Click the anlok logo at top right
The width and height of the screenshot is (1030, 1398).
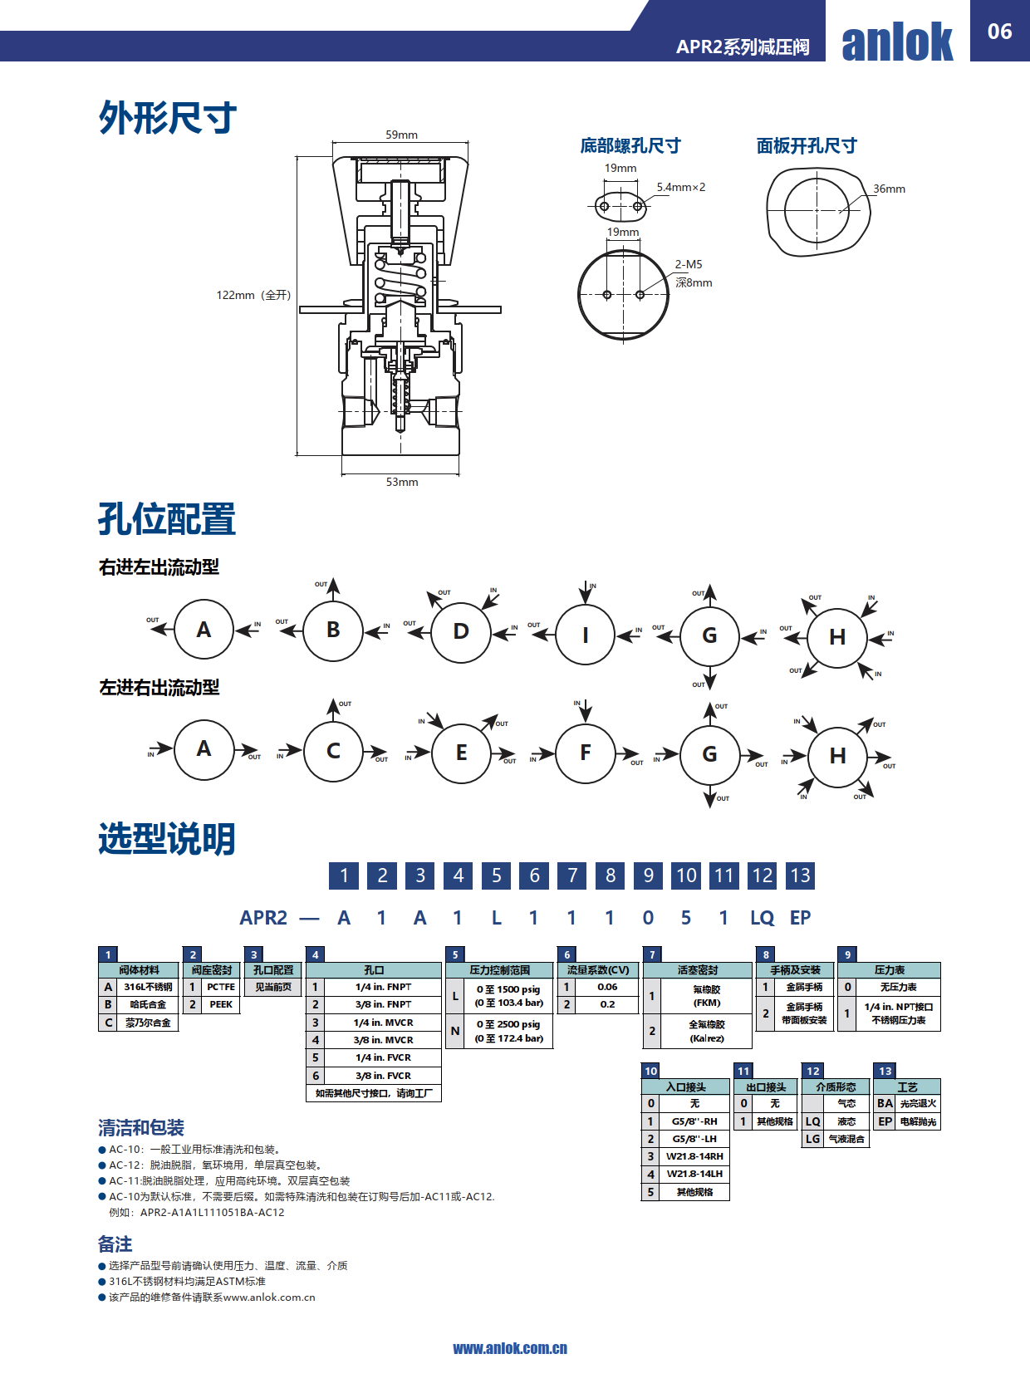[x=897, y=42]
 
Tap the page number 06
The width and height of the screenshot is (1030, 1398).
[x=999, y=32]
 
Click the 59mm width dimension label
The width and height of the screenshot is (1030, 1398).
[x=401, y=135]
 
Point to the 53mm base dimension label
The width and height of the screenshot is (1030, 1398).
[x=402, y=482]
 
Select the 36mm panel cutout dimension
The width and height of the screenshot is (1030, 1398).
[x=889, y=189]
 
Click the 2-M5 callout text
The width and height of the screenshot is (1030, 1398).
[x=688, y=264]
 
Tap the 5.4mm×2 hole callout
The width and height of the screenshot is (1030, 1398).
[x=680, y=187]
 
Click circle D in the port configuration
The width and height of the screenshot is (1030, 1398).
[x=461, y=631]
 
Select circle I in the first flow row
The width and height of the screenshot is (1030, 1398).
[x=586, y=635]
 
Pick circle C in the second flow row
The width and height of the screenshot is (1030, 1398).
[x=333, y=751]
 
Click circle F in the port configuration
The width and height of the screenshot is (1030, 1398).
[x=586, y=753]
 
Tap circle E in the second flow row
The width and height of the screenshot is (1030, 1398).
[x=461, y=753]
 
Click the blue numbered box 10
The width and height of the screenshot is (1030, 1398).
[x=686, y=876]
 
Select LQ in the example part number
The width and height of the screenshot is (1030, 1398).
[x=762, y=918]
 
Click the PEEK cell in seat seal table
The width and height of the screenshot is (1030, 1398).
[x=221, y=1004]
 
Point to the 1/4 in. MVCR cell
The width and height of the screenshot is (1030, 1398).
[x=383, y=1023]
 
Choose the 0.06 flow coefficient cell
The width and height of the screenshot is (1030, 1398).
[x=607, y=987]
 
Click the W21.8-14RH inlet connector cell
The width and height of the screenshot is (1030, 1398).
[x=694, y=1156]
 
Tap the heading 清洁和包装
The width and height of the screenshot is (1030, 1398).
[x=141, y=1127]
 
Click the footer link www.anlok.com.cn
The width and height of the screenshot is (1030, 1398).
[x=510, y=1348]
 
